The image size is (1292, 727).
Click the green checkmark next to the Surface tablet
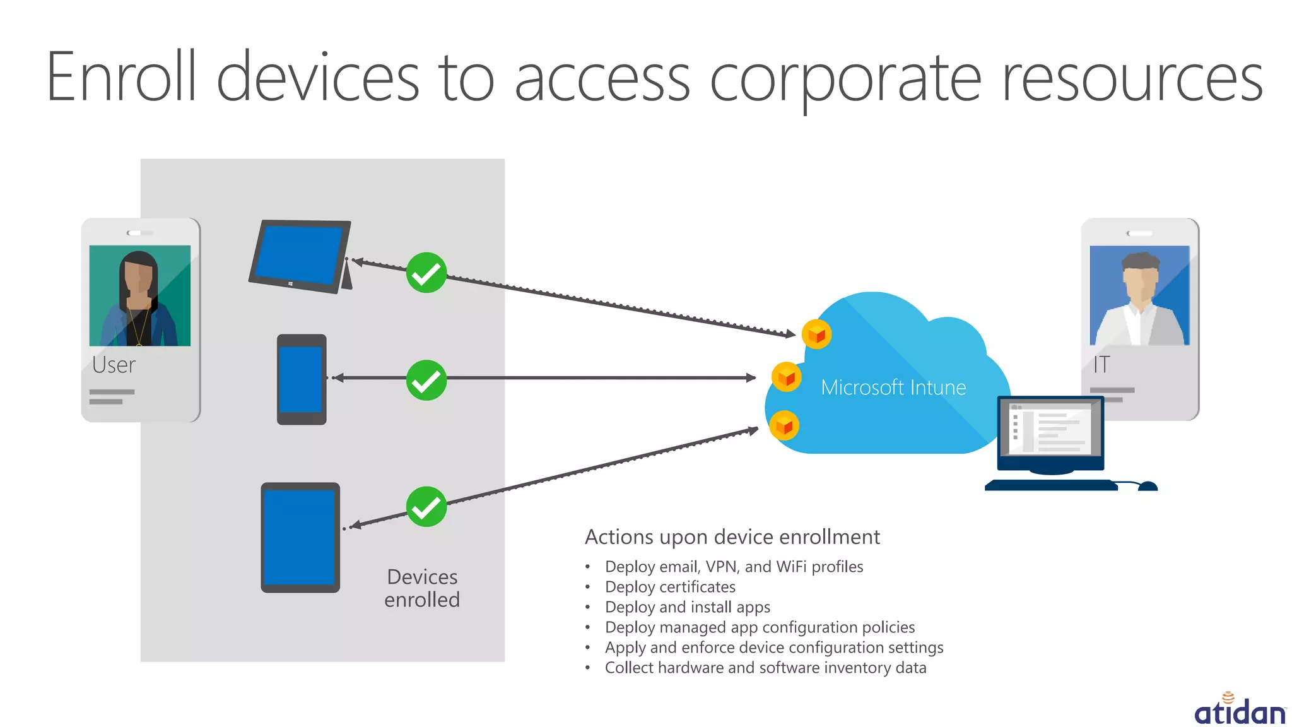click(426, 273)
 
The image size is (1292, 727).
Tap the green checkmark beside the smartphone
click(426, 380)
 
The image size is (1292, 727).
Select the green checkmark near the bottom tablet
click(426, 506)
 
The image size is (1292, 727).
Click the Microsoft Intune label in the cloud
click(893, 387)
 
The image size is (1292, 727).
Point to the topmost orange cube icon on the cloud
click(816, 334)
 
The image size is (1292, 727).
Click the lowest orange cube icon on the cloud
click(784, 426)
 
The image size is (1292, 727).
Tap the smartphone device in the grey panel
click(302, 379)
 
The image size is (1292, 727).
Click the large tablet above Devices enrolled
click(300, 537)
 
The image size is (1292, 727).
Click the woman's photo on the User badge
click(140, 295)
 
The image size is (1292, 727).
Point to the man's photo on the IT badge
click(1139, 295)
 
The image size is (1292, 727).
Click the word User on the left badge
click(114, 365)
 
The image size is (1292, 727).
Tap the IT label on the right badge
click(1101, 365)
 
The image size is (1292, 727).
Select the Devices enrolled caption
click(422, 588)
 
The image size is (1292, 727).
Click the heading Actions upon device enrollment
click(732, 537)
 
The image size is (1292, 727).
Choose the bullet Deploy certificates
click(670, 587)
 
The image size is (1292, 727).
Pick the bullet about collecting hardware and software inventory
click(765, 668)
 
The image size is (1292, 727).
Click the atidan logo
click(1240, 710)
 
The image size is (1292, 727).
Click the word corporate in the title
click(845, 79)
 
